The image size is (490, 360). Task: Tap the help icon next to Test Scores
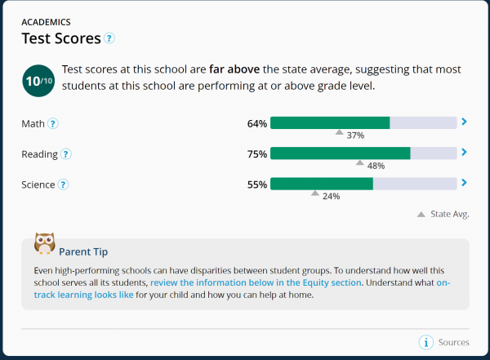(109, 38)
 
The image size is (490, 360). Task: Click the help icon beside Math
(53, 123)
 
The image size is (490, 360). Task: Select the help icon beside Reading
(65, 153)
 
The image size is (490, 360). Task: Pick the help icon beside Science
(63, 184)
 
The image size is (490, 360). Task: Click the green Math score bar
(330, 123)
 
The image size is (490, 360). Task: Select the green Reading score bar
(340, 153)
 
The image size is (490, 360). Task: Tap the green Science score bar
(322, 184)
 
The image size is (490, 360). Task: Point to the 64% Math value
(257, 123)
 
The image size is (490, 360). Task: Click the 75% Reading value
(257, 153)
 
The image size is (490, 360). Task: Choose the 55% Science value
(257, 184)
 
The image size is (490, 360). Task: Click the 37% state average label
(355, 136)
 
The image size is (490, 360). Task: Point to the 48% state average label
(376, 166)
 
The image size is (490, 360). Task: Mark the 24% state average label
(331, 196)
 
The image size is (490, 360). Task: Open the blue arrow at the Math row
(464, 122)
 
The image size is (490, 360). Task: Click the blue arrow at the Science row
(464, 183)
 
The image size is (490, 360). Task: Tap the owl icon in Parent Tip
(44, 244)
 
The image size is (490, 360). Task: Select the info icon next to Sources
(425, 342)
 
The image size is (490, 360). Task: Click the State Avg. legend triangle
(421, 214)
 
